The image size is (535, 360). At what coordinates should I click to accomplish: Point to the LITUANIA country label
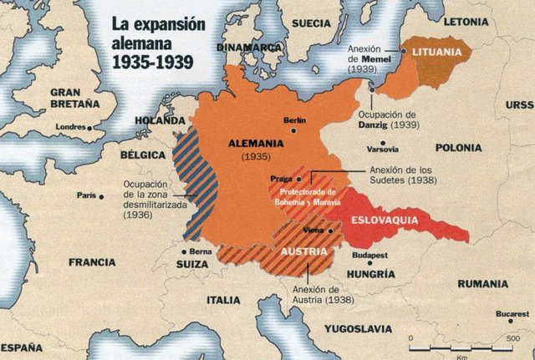pos(436,52)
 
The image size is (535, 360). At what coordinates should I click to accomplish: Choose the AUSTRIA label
pos(303,249)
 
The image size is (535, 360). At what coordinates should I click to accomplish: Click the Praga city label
pos(281,179)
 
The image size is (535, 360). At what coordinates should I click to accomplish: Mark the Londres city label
pos(70,127)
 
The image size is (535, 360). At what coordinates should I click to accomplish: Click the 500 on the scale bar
pos(512,337)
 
